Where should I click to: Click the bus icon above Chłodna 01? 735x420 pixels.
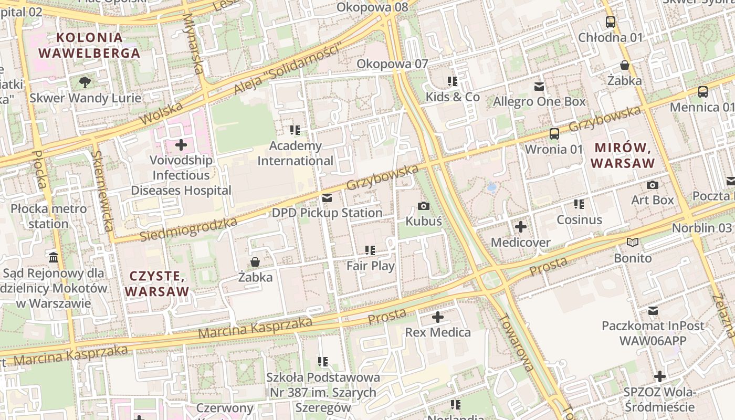tap(610, 22)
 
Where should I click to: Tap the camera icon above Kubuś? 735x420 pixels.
tap(424, 206)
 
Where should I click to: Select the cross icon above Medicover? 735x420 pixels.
tap(520, 227)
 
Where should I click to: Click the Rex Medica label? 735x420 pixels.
tap(438, 332)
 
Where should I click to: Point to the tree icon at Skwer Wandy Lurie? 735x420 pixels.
tap(85, 82)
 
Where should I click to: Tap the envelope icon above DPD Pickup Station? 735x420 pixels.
tap(327, 198)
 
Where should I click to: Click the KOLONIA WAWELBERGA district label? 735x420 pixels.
tap(89, 45)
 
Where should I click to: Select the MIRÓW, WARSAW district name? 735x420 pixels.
tap(623, 155)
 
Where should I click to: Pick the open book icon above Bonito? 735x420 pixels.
tap(633, 243)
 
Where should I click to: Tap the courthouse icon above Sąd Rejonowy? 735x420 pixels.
tap(54, 257)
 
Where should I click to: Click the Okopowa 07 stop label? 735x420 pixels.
tap(392, 64)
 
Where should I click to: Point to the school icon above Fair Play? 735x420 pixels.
tap(370, 250)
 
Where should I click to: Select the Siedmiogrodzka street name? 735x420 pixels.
tap(188, 229)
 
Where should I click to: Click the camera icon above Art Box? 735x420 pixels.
tap(653, 185)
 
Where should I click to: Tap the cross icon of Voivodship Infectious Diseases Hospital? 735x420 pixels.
tap(181, 144)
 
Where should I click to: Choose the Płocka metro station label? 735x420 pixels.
tap(48, 216)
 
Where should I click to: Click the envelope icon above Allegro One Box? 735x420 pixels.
tap(539, 87)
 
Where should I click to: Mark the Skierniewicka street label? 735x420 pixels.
tap(102, 191)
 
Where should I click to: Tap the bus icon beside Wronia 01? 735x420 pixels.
tap(554, 134)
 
